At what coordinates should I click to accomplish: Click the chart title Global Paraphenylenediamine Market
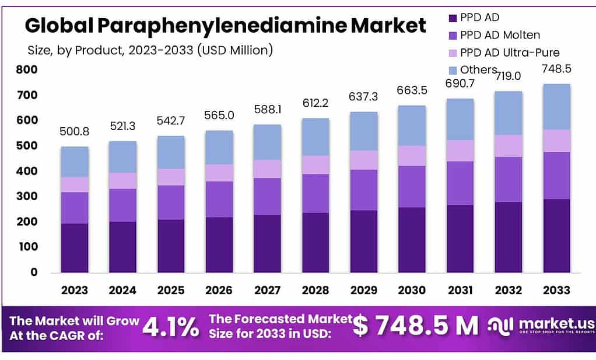coord(225,26)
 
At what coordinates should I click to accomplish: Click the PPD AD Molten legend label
coord(500,35)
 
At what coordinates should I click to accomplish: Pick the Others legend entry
coord(478,70)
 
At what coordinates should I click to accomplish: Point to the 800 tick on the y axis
coord(27,69)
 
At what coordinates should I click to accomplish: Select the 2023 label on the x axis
coord(75,290)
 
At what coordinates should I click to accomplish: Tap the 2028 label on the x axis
coord(315,290)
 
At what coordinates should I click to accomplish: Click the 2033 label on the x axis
coord(556,290)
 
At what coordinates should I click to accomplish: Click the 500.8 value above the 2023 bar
coord(75,132)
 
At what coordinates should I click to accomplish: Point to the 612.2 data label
coord(315,103)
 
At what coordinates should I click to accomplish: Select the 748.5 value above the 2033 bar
coord(556,69)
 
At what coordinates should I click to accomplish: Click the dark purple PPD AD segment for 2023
coord(75,248)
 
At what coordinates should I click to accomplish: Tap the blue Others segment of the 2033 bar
coord(556,107)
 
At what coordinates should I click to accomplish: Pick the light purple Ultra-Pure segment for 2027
coord(267,169)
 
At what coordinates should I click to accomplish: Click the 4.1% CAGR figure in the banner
coord(171,327)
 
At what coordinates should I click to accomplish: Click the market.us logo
coord(541,326)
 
